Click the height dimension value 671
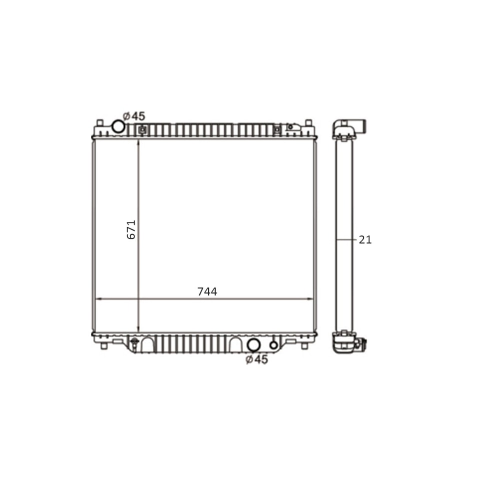click(x=131, y=229)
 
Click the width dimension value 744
click(x=207, y=291)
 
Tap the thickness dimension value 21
click(x=365, y=239)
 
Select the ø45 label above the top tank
click(x=134, y=116)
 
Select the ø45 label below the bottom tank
click(x=256, y=359)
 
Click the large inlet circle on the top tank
click(x=118, y=126)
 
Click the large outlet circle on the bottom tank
click(x=253, y=345)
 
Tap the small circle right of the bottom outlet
click(x=273, y=345)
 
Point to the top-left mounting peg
click(x=100, y=123)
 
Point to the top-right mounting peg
click(x=308, y=123)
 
